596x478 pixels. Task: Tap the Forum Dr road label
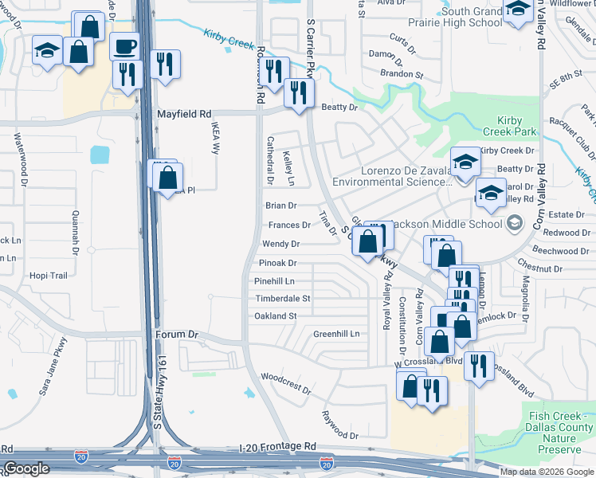click(x=175, y=335)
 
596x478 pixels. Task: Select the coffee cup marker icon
click(x=124, y=45)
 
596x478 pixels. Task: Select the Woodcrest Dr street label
click(x=285, y=382)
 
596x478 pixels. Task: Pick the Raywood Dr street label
click(x=340, y=425)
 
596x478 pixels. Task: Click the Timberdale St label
click(x=282, y=298)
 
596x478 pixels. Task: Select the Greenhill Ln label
click(x=336, y=333)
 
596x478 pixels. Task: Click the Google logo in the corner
click(x=26, y=468)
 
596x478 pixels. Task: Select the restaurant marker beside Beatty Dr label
click(x=300, y=92)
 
